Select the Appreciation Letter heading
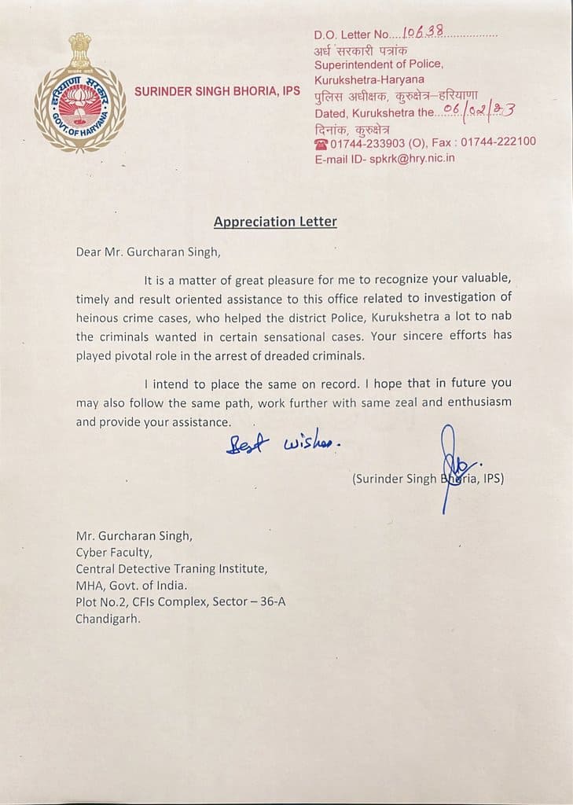(x=275, y=222)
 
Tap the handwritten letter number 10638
(x=423, y=31)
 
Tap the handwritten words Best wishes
(x=283, y=445)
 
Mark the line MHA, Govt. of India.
(x=131, y=585)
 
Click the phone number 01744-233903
(x=369, y=142)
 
